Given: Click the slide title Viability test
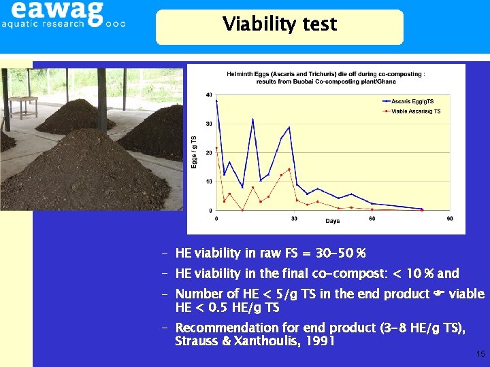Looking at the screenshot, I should point(279,25).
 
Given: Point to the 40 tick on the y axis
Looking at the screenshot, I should point(209,95).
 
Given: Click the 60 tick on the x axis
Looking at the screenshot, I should point(372,219).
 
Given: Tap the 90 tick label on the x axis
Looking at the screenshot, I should point(450,219).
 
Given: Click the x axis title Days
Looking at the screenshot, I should point(332,222).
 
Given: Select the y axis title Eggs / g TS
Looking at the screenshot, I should point(194,152).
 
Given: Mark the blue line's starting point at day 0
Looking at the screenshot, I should point(216,101).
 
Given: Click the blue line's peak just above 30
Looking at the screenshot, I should point(252,120).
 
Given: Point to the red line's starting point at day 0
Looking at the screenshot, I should point(216,147).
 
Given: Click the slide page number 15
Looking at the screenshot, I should point(480,354).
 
